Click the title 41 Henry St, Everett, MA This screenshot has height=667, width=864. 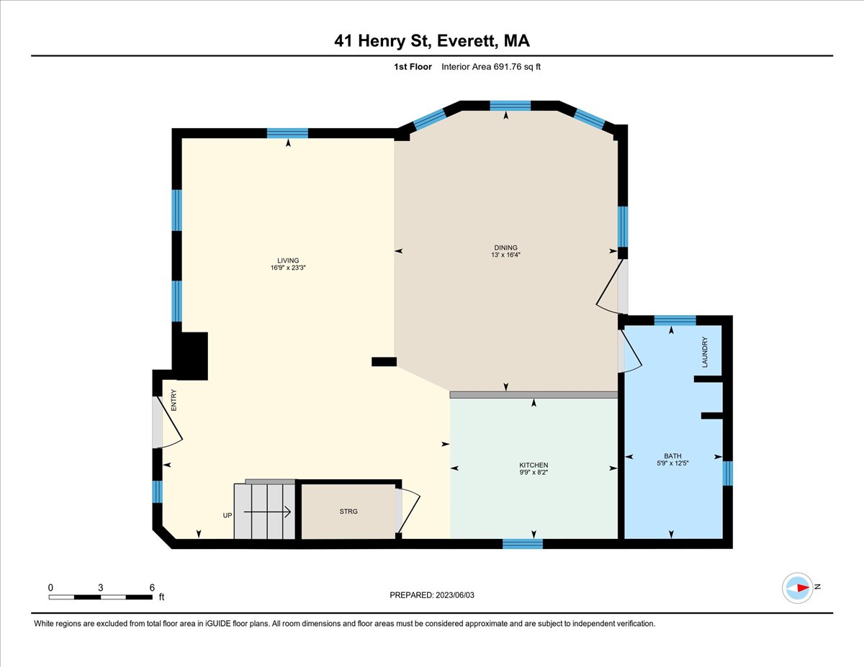432,41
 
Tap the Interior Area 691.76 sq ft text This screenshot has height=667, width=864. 490,67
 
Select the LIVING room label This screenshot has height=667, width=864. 288,260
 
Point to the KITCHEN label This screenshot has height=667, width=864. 534,466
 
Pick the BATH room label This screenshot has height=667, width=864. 672,456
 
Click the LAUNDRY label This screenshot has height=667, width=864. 706,353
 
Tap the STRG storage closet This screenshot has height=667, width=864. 348,512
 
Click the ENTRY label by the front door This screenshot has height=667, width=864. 174,400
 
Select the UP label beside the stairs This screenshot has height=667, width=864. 227,515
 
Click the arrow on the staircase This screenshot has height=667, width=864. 266,512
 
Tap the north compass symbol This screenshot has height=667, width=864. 798,587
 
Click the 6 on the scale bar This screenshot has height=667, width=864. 152,587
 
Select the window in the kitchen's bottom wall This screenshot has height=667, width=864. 523,544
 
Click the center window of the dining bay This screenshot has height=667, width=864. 510,106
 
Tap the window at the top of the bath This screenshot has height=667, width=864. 675,320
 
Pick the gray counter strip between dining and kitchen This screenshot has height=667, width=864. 534,395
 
